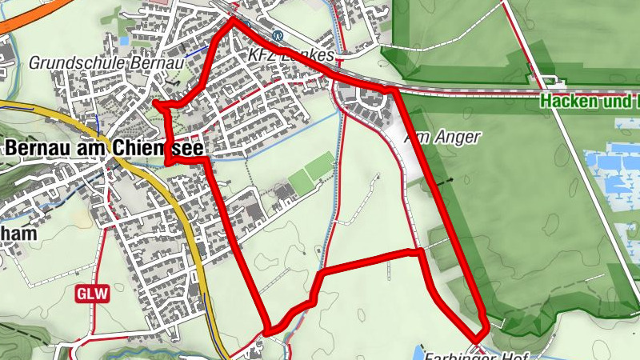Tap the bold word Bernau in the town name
click(x=40, y=148)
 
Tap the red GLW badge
click(x=91, y=294)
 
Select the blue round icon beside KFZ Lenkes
click(x=278, y=35)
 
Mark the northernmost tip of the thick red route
click(x=234, y=19)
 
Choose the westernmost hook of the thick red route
click(x=156, y=105)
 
